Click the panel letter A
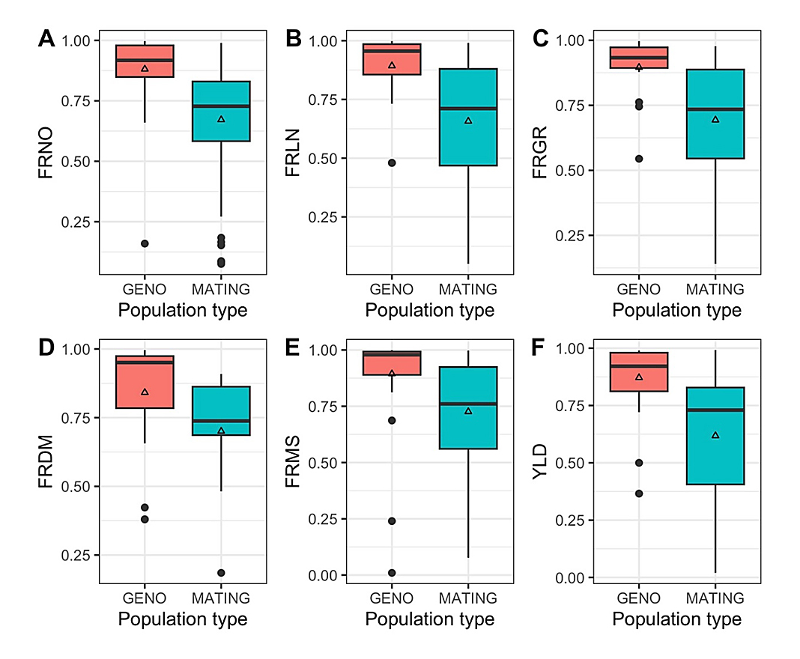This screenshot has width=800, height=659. pyautogui.click(x=46, y=39)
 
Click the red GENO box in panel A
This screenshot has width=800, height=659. pyautogui.click(x=145, y=61)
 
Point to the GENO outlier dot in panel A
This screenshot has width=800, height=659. pyautogui.click(x=145, y=243)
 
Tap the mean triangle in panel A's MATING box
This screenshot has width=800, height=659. pyautogui.click(x=221, y=119)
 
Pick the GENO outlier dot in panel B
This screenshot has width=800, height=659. pyautogui.click(x=391, y=163)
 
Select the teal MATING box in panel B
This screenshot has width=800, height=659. pyautogui.click(x=468, y=117)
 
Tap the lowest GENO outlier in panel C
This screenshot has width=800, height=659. pyautogui.click(x=638, y=159)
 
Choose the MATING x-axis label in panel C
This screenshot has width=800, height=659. pyautogui.click(x=715, y=289)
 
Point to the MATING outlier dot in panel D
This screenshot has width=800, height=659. pyautogui.click(x=221, y=573)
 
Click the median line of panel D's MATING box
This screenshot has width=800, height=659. pyautogui.click(x=221, y=421)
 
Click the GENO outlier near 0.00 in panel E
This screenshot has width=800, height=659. pyautogui.click(x=391, y=573)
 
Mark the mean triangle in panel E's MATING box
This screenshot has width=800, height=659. pyautogui.click(x=468, y=411)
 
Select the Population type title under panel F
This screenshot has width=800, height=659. pyautogui.click(x=676, y=620)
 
